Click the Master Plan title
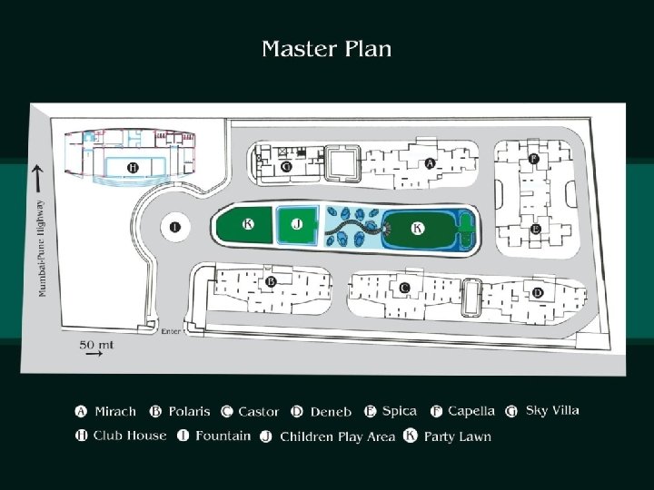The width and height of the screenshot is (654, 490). tap(327, 49)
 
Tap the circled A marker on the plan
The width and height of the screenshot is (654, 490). tap(430, 163)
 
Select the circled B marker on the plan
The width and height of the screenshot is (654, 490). tap(271, 282)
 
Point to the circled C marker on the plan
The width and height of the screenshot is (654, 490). tap(404, 288)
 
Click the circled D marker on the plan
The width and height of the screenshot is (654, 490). tap(538, 292)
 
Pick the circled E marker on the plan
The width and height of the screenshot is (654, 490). tap(536, 230)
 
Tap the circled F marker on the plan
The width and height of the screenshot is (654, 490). tap(533, 160)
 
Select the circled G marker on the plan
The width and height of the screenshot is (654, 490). tap(286, 167)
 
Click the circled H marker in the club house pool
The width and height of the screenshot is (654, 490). tap(133, 168)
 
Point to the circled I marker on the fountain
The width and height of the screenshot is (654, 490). tap(174, 227)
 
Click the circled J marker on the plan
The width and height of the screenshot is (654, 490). tap(297, 222)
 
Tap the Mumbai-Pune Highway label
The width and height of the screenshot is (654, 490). tap(41, 248)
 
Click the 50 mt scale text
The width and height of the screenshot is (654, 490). tap(97, 344)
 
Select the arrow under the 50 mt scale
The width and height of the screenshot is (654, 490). tap(93, 357)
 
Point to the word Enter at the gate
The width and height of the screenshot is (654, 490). tap(170, 331)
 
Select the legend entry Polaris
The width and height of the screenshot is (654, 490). tap(190, 411)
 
